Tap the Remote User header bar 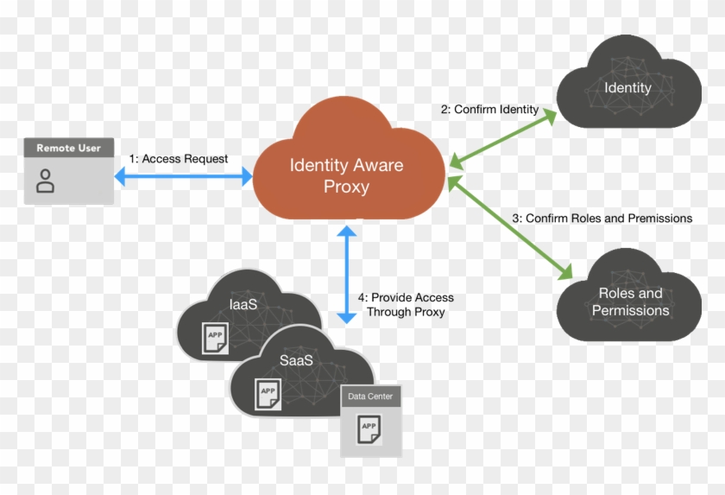pos(68,149)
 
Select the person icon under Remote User pos(46,181)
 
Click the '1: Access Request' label pos(179,159)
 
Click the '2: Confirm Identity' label pos(489,110)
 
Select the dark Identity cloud pos(627,88)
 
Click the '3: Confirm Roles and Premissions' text pos(602,219)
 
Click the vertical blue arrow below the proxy pos(346,275)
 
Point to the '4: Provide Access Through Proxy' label pos(406,304)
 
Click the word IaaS pos(243,304)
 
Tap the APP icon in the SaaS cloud pos(268,393)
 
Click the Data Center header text pos(370,397)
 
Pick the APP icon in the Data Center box pos(369,428)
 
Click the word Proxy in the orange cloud pos(346,187)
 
